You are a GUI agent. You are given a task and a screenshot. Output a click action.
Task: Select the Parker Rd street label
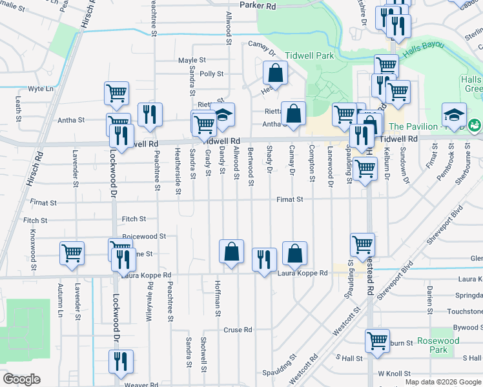pos(258,5)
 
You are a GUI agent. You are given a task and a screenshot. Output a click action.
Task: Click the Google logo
pos(21,379)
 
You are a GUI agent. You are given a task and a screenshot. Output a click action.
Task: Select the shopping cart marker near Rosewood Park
pos(377,340)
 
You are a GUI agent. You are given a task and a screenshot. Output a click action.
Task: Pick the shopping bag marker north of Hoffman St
pos(231,252)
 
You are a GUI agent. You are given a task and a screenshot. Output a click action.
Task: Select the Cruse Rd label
pos(237,330)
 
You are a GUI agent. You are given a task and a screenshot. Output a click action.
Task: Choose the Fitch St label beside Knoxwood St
pos(35,221)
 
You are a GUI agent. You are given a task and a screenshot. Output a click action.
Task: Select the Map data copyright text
pos(442,382)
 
